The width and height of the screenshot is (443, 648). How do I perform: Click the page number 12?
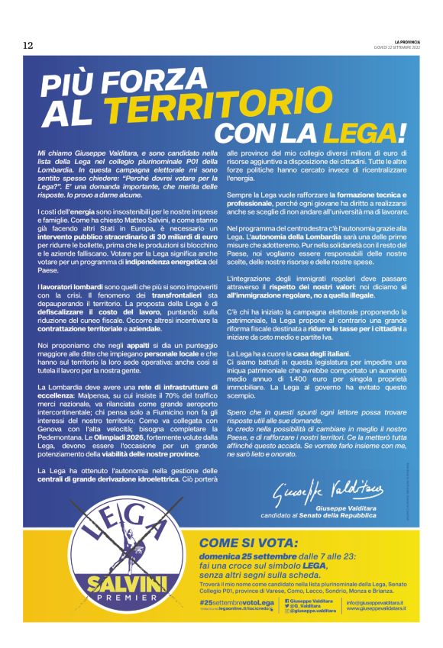click(x=28, y=46)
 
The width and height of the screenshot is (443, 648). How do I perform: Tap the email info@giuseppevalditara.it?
click(x=375, y=602)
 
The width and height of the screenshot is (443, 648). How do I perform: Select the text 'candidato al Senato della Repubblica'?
click(x=329, y=515)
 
